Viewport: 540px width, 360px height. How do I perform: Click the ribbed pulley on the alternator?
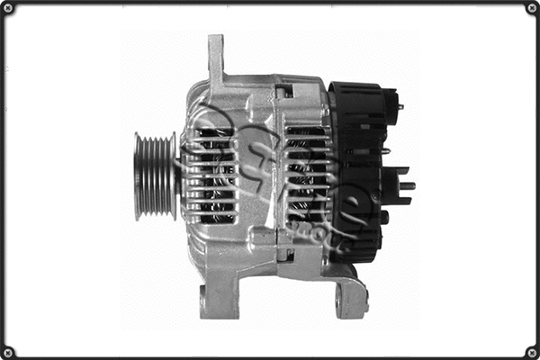pyautogui.click(x=155, y=175)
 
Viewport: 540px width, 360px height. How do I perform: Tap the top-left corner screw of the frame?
pyautogui.click(x=8, y=8)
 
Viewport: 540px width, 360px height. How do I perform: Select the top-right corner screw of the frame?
pyautogui.click(x=532, y=8)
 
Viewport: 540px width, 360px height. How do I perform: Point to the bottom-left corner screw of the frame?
pyautogui.click(x=8, y=352)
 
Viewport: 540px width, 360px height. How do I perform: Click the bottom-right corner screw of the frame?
pyautogui.click(x=532, y=352)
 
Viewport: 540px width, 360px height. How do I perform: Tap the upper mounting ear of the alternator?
pyautogui.click(x=216, y=58)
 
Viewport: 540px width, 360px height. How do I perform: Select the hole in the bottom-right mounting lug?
pyautogui.click(x=339, y=301)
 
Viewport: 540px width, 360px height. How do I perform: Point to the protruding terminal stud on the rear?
pyautogui.click(x=406, y=185)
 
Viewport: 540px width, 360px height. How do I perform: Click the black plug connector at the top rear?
pyautogui.click(x=389, y=101)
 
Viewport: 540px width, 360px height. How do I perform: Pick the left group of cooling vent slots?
pyautogui.click(x=211, y=175)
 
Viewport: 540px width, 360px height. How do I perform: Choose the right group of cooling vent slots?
pyautogui.click(x=306, y=175)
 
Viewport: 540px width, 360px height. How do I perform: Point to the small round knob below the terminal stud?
pyautogui.click(x=384, y=217)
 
